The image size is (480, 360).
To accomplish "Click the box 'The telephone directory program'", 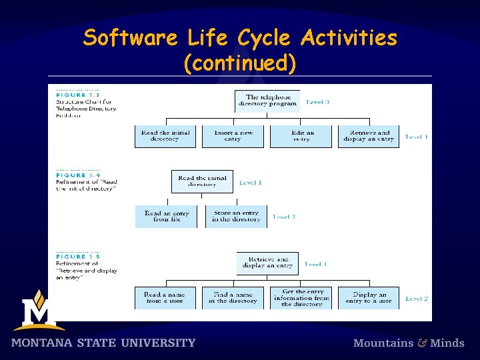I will click(x=268, y=101).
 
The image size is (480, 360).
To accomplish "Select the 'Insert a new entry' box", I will click(x=233, y=136).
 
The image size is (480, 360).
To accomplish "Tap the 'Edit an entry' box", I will click(x=302, y=136).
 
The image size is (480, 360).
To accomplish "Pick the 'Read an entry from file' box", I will click(x=166, y=217).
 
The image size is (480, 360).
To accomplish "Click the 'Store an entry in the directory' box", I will click(x=236, y=217).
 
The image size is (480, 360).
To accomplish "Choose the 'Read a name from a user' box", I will click(x=164, y=298).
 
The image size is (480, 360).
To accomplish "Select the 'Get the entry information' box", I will click(x=301, y=298).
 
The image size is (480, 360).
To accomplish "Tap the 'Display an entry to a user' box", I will click(x=369, y=298).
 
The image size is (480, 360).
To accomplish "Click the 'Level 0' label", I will click(x=317, y=102).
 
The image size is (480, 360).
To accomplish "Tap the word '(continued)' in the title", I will click(x=239, y=63).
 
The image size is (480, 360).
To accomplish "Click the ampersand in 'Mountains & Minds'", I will click(x=422, y=343).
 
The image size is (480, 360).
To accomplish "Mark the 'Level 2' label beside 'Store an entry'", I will click(x=284, y=217).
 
